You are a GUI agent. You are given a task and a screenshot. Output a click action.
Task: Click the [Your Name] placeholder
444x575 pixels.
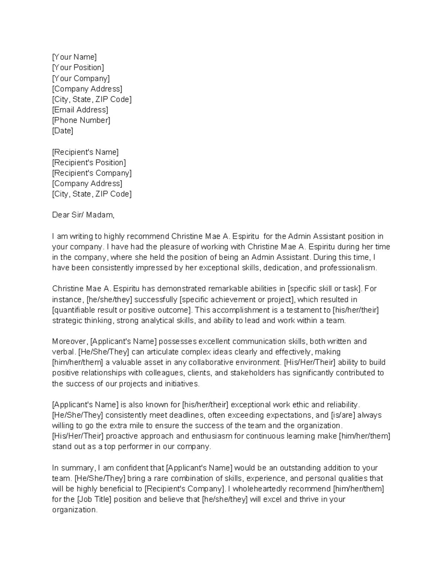(x=74, y=57)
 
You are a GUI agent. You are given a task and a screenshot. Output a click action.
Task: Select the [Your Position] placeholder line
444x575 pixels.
(x=78, y=67)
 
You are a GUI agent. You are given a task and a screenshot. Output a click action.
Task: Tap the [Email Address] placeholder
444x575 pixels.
(x=80, y=110)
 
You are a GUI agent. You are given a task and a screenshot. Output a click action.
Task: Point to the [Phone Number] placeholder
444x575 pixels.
(x=81, y=120)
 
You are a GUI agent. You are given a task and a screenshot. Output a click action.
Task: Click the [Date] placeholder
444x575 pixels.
(x=63, y=131)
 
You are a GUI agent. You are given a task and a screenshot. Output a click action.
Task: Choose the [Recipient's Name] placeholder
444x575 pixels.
(x=85, y=152)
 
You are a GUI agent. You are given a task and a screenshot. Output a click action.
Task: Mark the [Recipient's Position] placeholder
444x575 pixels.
(x=89, y=163)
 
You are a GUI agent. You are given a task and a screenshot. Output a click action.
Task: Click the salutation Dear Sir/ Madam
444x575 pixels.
(x=83, y=215)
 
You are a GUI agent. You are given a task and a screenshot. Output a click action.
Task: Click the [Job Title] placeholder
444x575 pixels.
(x=94, y=499)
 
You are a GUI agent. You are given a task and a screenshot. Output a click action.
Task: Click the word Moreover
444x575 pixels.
(x=70, y=341)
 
